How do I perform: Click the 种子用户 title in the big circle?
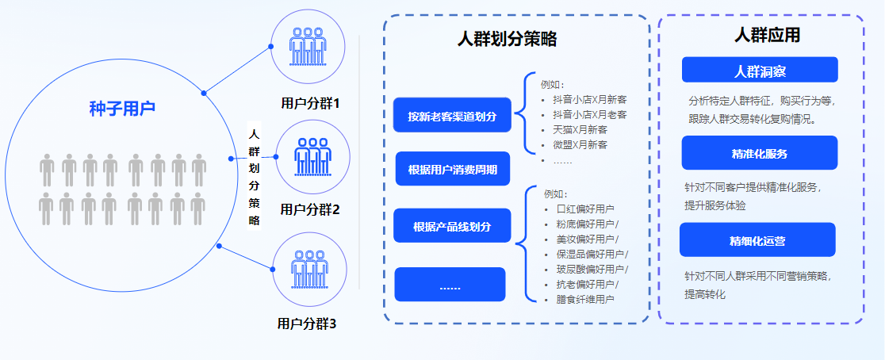[122, 108]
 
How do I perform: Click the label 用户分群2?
[309, 209]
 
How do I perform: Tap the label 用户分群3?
[307, 324]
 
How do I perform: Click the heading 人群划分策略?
[508, 39]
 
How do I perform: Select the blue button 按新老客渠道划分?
[452, 117]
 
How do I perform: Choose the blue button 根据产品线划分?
[452, 227]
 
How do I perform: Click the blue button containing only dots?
[450, 285]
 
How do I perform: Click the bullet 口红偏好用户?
[585, 209]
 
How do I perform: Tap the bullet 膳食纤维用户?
[585, 299]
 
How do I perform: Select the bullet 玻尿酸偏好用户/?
[592, 269]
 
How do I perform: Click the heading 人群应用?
[766, 36]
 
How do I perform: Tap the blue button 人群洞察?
[760, 71]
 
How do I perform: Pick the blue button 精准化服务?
[760, 153]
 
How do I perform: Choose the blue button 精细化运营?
[757, 240]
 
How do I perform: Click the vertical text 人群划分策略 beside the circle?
[254, 177]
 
